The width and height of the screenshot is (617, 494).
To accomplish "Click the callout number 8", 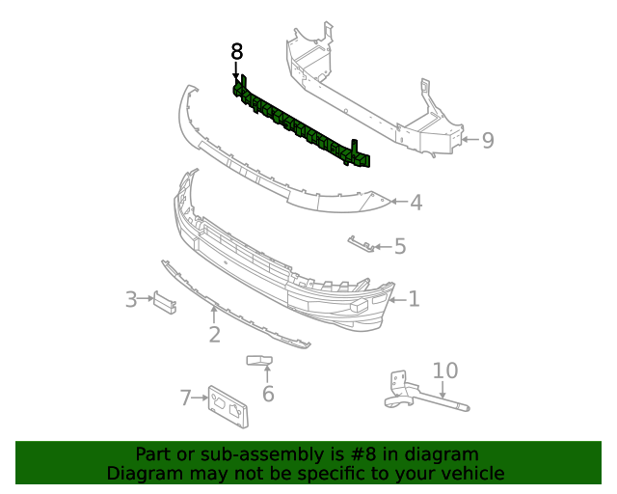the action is point(237,51).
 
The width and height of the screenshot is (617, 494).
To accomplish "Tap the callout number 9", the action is point(488,140).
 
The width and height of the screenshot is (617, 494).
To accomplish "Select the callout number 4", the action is point(416,203).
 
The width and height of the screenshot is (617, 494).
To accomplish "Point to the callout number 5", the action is point(400,246).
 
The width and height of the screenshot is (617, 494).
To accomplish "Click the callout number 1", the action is point(414,299).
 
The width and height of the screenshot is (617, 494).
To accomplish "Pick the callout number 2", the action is point(214,335).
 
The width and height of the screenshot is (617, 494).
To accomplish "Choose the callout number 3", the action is point(131,299).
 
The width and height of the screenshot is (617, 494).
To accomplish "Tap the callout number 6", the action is point(268,394).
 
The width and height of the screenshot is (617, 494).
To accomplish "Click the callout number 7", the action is point(185,398).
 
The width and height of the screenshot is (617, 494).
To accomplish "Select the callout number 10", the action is point(445,370).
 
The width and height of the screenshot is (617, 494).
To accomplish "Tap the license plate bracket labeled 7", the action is point(228,406).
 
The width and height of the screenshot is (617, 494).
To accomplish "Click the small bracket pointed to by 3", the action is point(165,303).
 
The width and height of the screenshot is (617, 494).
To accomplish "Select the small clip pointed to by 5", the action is point(361,243).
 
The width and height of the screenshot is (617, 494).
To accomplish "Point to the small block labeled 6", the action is point(259,361).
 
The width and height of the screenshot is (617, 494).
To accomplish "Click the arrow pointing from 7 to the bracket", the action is point(200,398).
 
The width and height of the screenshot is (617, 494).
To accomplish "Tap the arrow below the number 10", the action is point(443,390).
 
